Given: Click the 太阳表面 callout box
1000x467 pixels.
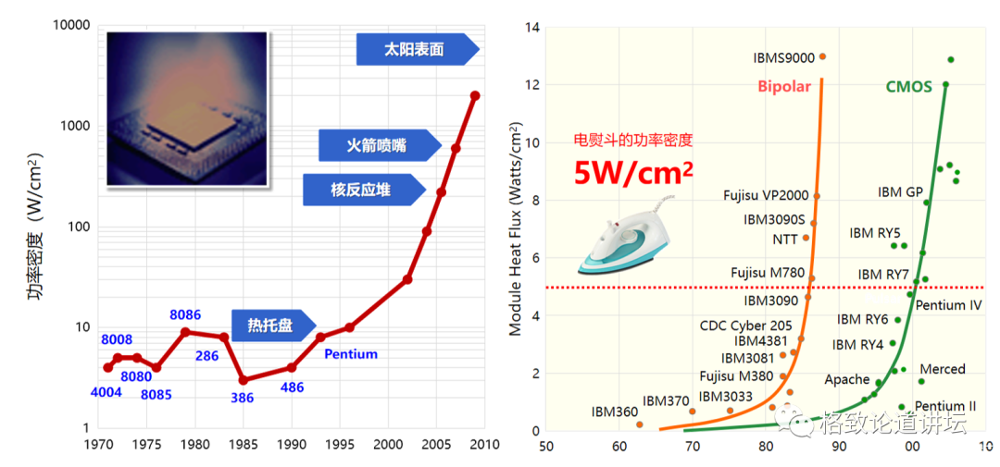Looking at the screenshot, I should tap(415, 50).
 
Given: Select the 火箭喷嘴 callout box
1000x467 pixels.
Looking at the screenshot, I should tap(376, 145).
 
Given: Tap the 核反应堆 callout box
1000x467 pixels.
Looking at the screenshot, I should tap(361, 190).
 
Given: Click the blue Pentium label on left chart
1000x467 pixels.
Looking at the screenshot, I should tap(351, 353).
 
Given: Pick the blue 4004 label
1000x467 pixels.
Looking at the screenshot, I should tap(107, 391).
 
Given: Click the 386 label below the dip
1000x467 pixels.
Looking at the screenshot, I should tap(242, 398).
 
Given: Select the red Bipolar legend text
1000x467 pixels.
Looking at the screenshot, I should tap(784, 87).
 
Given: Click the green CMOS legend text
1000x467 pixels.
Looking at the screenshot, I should tap(908, 87).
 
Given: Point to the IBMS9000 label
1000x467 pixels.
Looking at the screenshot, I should tap(784, 57).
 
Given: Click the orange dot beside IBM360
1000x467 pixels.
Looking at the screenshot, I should tap(640, 424).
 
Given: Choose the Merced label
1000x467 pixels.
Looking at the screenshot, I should tap(943, 369).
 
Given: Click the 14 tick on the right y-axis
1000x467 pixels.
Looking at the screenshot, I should tap(531, 27).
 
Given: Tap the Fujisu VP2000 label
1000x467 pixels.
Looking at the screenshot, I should tap(766, 196).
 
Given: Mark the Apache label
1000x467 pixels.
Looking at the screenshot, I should tap(847, 379).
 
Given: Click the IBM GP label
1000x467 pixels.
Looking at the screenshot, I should tap(900, 192).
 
